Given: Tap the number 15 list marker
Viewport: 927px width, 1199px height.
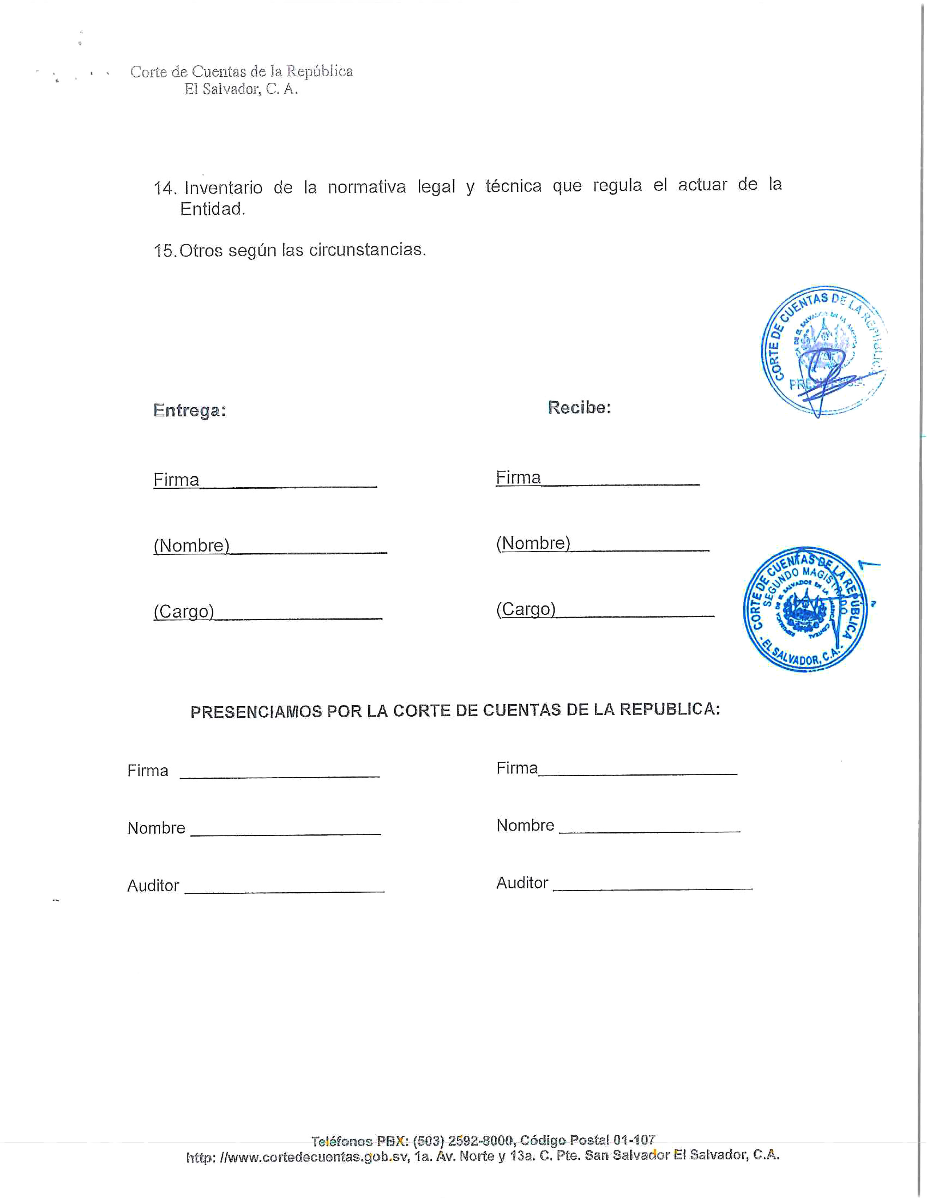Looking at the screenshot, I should [x=164, y=251].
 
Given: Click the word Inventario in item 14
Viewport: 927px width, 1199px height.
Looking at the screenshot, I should [x=223, y=188].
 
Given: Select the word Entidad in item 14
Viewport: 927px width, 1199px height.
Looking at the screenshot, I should [x=212, y=209].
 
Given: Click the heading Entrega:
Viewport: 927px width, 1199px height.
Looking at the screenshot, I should [x=189, y=411].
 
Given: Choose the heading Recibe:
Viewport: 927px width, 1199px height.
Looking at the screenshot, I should [x=579, y=407].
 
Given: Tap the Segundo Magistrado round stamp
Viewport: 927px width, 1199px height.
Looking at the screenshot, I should [x=805, y=609].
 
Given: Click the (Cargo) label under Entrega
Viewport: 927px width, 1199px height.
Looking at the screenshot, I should [x=184, y=611].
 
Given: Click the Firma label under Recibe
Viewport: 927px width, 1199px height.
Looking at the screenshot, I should [x=518, y=478].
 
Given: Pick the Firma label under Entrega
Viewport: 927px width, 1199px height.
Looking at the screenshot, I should [x=176, y=480].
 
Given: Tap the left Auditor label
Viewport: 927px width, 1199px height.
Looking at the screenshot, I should [x=153, y=885].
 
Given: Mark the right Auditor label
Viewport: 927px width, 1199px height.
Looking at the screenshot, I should [x=522, y=883].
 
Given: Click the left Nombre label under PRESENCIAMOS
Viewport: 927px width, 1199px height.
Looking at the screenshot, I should [x=156, y=828].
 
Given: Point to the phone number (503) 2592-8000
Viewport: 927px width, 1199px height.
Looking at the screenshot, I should [x=463, y=1141].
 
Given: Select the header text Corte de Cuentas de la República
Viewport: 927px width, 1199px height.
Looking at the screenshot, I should [x=241, y=71].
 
